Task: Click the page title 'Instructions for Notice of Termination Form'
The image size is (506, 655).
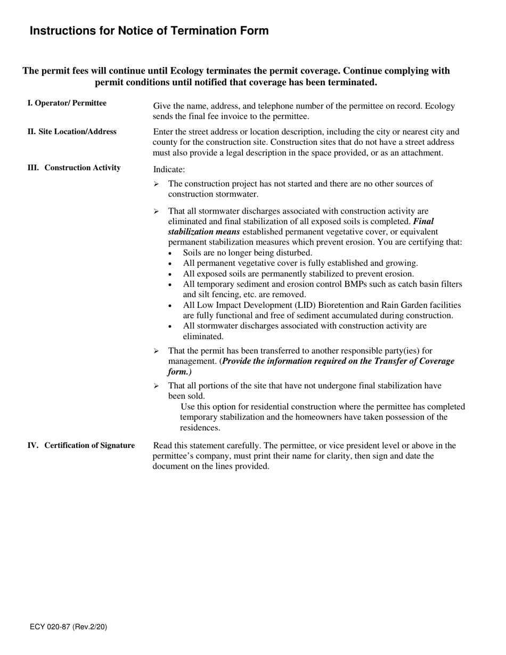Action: click(x=149, y=31)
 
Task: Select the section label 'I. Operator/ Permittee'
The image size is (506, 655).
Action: click(x=67, y=103)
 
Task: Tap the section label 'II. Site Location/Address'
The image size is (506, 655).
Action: click(x=72, y=132)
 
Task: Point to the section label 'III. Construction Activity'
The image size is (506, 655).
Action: click(x=74, y=168)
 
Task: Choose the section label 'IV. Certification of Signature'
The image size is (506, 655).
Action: click(x=81, y=445)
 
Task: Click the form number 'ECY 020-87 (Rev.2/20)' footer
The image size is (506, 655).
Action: click(x=68, y=627)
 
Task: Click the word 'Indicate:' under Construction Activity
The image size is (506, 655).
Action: click(x=169, y=169)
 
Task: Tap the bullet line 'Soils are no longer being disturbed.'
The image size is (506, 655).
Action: click(x=248, y=252)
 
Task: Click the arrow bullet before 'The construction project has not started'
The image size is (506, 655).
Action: click(x=156, y=184)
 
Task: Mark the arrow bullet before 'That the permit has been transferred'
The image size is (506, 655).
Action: click(x=156, y=351)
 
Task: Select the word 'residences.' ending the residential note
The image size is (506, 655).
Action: click(x=200, y=428)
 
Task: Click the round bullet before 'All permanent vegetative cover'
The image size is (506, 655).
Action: click(x=170, y=264)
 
